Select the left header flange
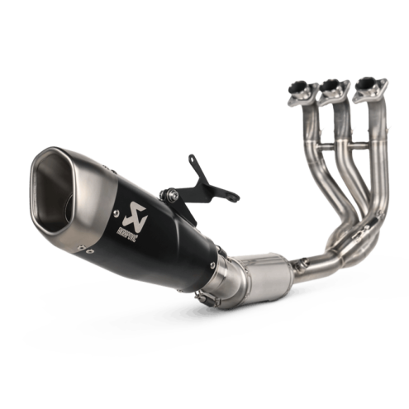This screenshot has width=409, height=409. click(299, 86)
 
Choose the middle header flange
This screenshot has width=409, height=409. click(333, 86)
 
